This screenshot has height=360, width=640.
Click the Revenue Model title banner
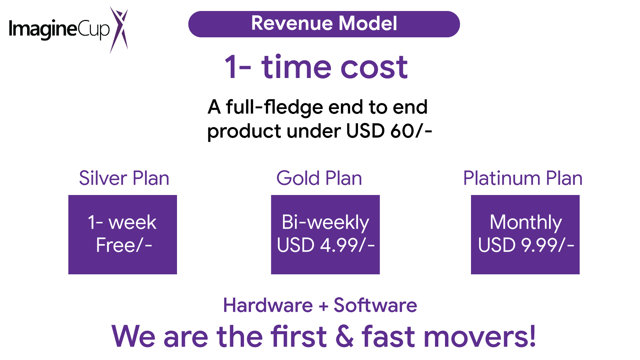pos(324,24)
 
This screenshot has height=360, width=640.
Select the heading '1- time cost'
pos(316,67)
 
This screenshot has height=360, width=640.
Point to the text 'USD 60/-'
pos(389,131)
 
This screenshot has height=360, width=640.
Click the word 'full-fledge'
pos(274,107)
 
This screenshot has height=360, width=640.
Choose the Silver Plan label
pos(124,178)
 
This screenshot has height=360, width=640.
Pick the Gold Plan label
pos(319,178)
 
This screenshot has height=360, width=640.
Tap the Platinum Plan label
pos(523,178)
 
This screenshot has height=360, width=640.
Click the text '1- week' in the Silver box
pos(122,222)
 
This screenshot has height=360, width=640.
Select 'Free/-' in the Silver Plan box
pos(124,245)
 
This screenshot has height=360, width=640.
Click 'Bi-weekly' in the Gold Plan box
pos(325,223)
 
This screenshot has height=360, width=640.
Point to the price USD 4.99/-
pos(326,245)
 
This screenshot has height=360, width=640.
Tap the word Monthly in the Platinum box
pos(526,223)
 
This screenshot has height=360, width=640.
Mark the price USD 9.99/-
pos(526,245)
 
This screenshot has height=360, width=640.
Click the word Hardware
pos(268,305)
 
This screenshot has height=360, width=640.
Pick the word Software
pos(375,305)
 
